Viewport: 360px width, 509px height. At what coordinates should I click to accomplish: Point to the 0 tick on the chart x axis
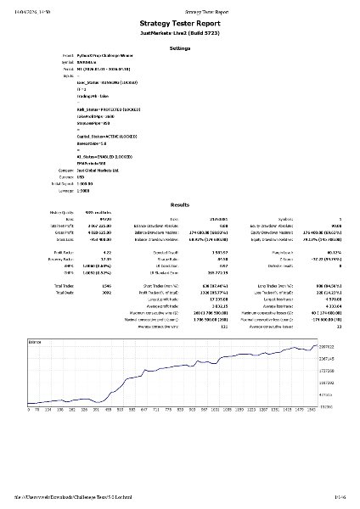coord(29,409)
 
